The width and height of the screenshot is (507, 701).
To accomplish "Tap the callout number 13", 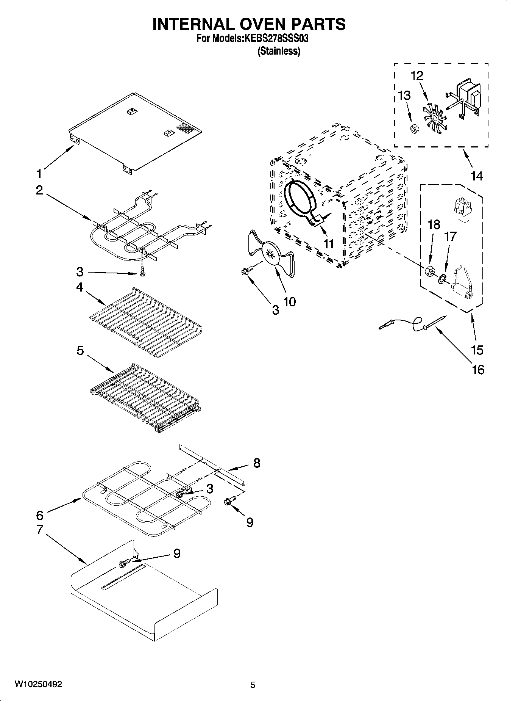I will (404, 96).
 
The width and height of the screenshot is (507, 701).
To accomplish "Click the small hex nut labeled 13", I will (414, 129).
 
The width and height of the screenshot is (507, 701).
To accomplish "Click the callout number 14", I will (477, 176).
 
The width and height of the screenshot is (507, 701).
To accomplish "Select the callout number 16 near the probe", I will (478, 369).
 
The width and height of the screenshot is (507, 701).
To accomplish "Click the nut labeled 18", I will (429, 271).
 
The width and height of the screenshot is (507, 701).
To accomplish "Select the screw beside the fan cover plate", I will (246, 271).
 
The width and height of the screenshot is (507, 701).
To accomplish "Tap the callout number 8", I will (257, 463).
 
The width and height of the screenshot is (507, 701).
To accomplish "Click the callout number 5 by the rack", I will (80, 351).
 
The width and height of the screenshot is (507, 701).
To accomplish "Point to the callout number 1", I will (39, 174).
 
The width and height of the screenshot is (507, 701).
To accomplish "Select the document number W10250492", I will (38, 684).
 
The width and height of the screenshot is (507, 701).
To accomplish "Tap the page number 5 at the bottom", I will (253, 685).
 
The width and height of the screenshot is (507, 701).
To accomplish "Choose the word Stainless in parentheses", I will (279, 51).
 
